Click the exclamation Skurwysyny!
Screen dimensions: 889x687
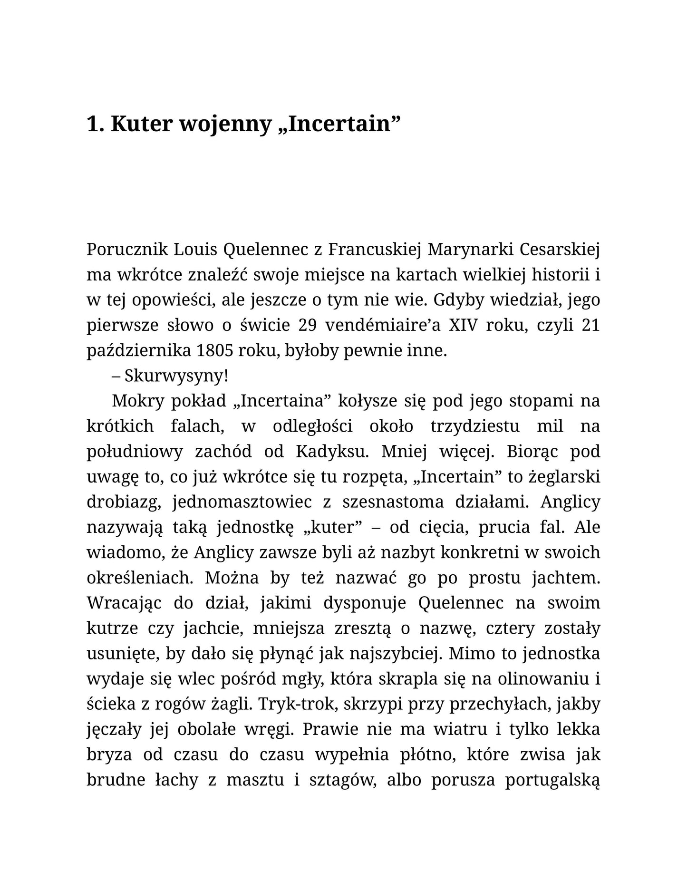[176, 376]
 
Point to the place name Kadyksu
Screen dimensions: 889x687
[332, 451]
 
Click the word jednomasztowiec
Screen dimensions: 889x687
[242, 502]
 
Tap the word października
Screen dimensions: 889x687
[138, 351]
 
